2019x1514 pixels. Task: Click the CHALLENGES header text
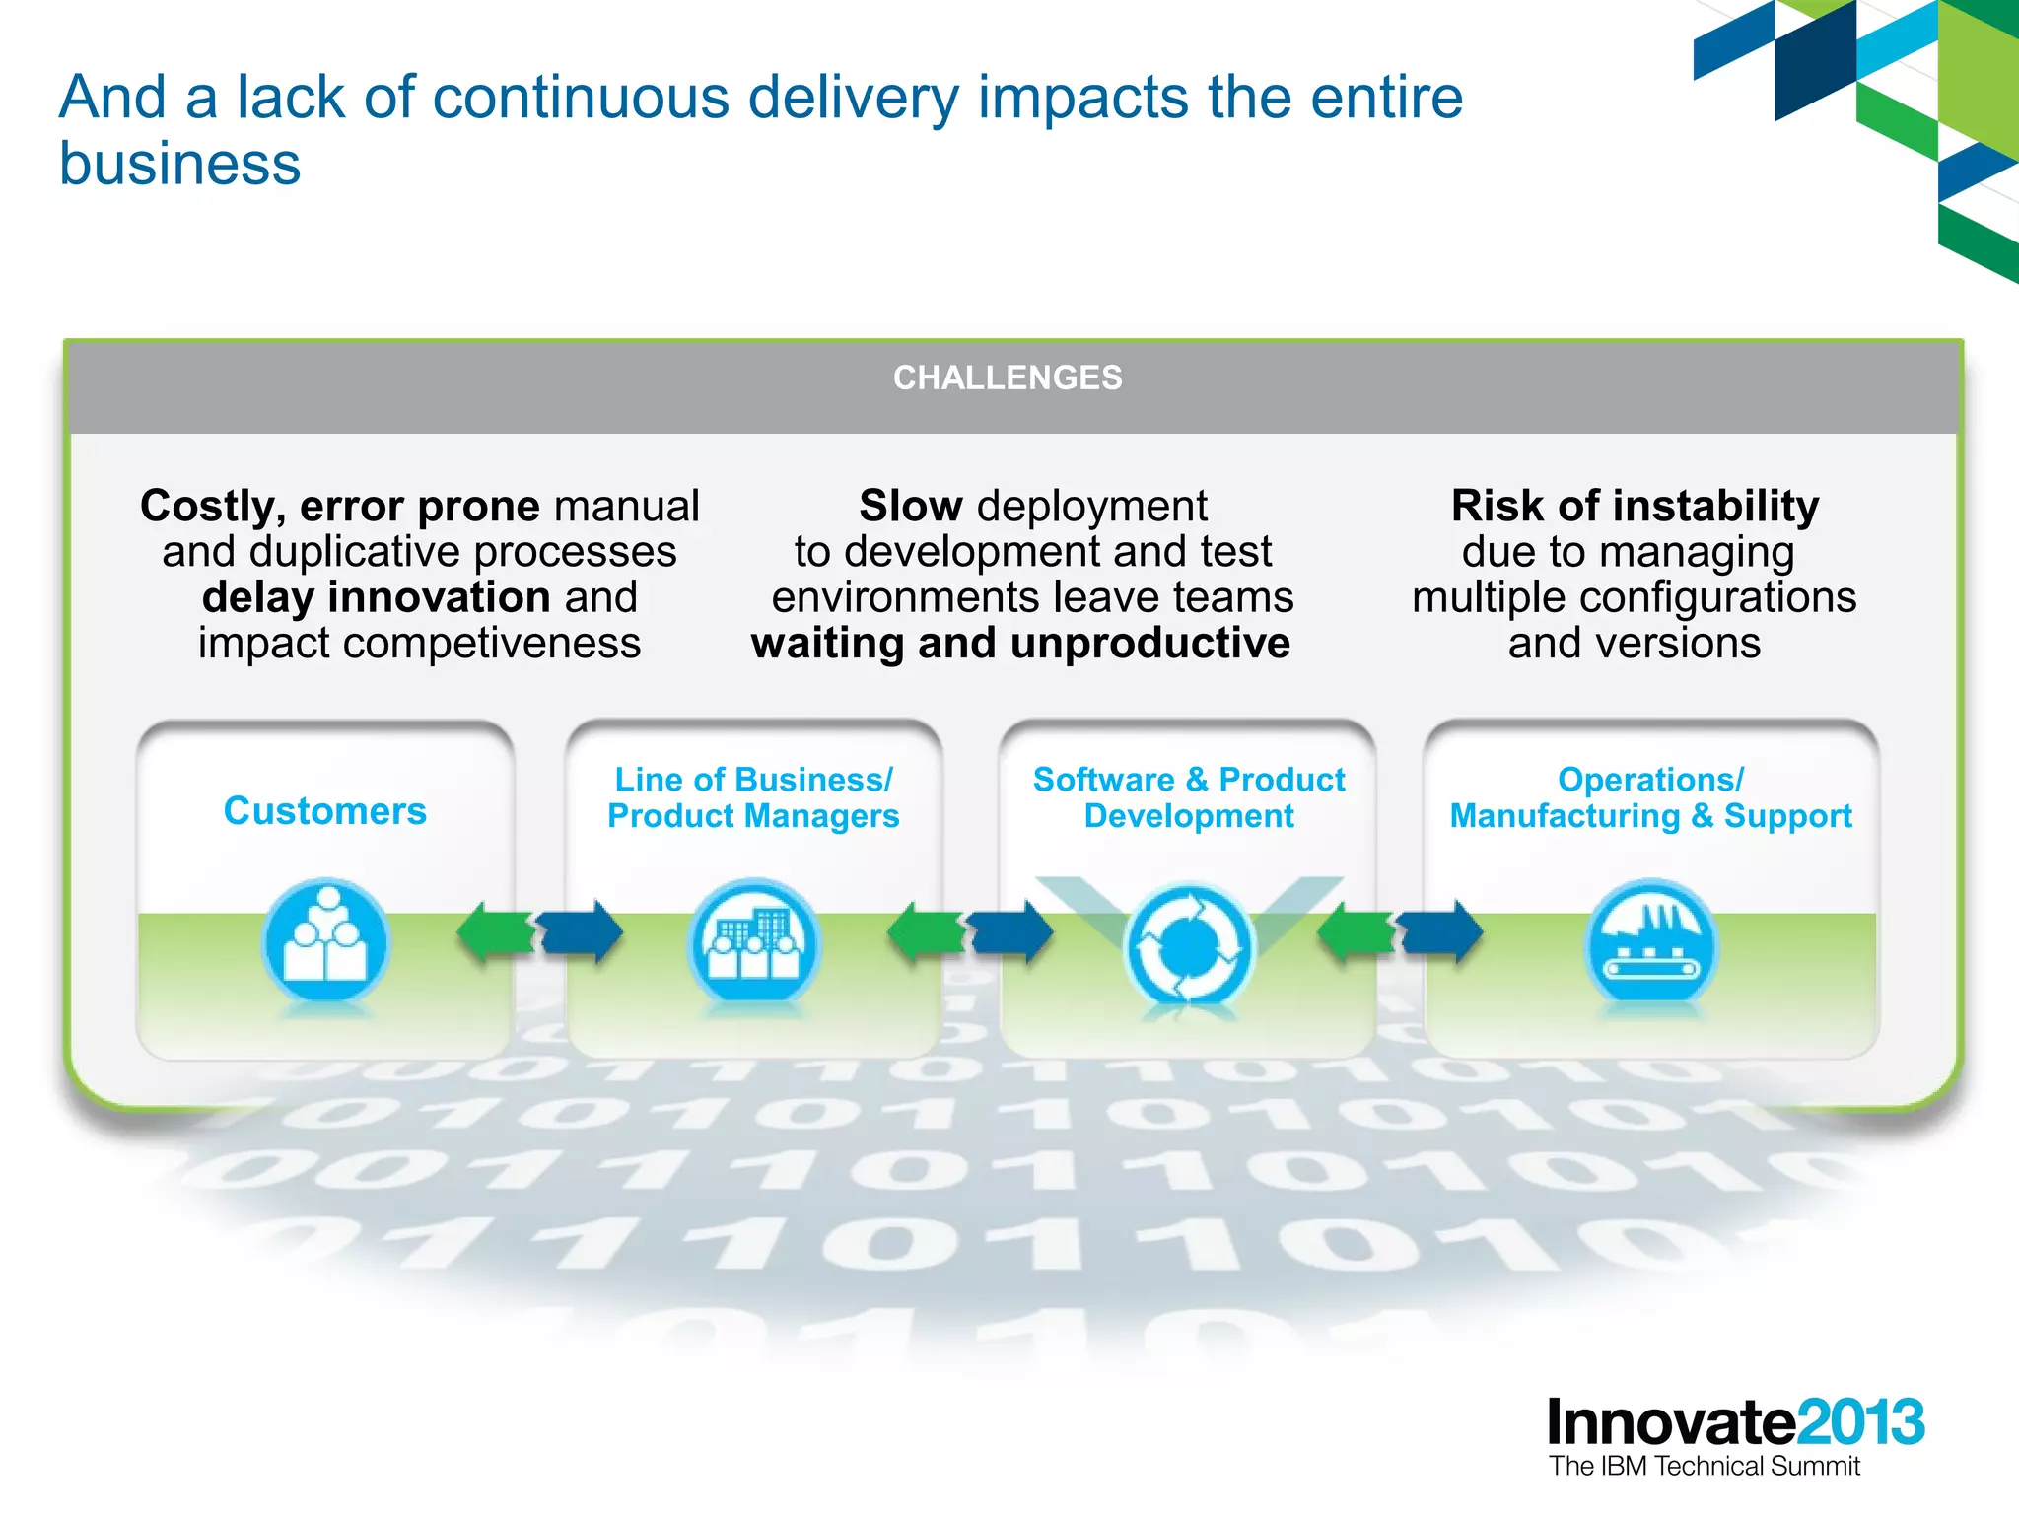(1007, 378)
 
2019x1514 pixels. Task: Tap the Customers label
(324, 811)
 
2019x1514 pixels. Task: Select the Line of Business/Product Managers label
(753, 797)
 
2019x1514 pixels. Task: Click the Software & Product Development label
(1188, 797)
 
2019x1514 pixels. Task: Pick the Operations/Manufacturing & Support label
(1650, 797)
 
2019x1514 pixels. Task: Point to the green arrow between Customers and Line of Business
(493, 932)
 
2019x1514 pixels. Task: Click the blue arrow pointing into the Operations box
(1441, 932)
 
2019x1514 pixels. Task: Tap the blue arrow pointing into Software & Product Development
(1010, 932)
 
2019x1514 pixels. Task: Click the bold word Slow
(910, 507)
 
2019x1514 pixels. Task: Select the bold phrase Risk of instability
(1635, 507)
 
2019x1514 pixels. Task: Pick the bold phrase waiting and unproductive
(1020, 644)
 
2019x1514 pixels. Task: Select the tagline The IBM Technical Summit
(1704, 1467)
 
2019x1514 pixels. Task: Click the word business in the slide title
(179, 164)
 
